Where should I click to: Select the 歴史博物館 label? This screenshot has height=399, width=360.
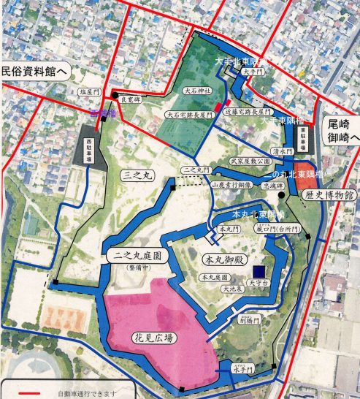330,195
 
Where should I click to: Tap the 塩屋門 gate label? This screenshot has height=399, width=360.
88,91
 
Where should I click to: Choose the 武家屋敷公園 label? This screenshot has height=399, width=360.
250,160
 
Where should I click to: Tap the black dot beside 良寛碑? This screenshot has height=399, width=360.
115,96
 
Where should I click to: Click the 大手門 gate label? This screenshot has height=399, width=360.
267,72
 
